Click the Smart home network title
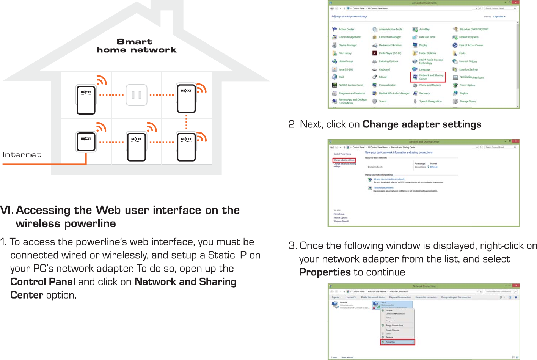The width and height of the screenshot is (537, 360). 136,46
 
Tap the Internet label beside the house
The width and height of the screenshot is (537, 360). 22,155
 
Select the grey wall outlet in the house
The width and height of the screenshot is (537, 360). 137,95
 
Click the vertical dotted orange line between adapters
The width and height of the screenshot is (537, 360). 186,122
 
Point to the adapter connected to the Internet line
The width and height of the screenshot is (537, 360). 86,141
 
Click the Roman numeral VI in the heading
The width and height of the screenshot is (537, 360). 7,210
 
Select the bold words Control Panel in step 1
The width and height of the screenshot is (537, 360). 42,282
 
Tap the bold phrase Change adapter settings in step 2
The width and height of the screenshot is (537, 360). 422,124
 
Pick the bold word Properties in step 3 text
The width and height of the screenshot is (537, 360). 325,272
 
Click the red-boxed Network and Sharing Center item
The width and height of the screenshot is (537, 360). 428,77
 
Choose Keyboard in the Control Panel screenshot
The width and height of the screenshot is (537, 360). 384,69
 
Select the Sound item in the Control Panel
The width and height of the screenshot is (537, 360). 382,101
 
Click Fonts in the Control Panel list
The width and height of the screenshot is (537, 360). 462,53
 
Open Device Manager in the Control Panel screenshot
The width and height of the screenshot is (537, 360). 347,45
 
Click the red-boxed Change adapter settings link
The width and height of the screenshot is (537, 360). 344,160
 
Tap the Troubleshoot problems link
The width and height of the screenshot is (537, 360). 383,187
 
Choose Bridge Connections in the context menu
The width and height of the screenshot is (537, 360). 394,325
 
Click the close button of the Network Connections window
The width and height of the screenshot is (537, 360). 516,286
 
